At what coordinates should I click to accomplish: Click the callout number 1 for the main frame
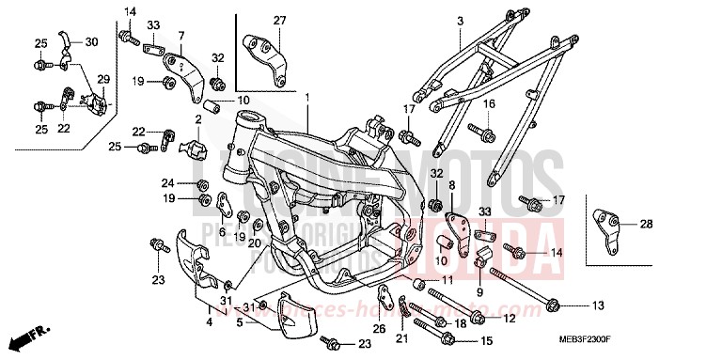coord(306,97)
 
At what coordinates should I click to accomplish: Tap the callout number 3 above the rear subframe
coord(461,21)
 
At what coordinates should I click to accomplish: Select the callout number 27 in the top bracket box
coord(278,21)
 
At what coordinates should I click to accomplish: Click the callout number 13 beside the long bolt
coord(599,305)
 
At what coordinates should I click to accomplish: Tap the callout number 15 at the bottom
coord(486,340)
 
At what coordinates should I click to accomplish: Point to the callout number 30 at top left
coord(91,42)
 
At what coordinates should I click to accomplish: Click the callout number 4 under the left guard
coord(210,322)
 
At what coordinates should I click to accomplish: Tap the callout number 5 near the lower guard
coord(241,322)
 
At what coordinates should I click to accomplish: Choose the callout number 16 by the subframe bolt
coord(489,130)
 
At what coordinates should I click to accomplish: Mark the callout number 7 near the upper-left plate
coord(180,36)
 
